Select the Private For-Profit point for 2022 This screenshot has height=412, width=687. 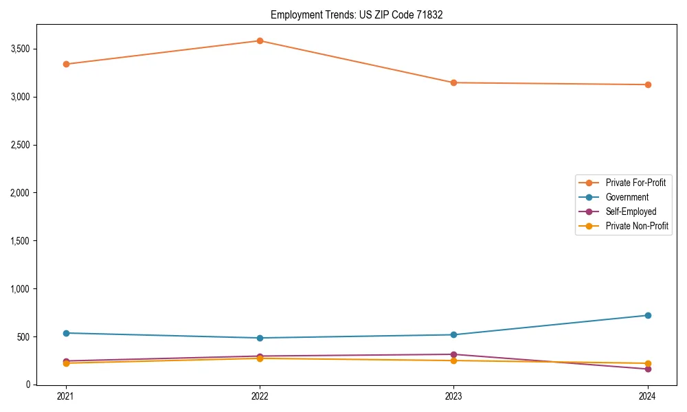260,41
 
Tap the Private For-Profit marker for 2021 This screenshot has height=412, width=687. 66,64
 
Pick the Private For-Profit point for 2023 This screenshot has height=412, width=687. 453,82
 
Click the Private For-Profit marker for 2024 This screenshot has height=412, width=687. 647,84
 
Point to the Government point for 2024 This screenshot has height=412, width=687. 647,315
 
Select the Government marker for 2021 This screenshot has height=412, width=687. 66,333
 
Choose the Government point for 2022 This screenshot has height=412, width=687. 260,338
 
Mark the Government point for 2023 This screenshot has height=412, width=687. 453,334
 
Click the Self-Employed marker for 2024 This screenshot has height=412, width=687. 647,369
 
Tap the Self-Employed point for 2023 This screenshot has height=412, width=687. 453,354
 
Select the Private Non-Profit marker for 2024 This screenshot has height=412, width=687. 647,363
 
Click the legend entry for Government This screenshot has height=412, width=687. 627,197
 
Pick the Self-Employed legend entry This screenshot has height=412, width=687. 631,211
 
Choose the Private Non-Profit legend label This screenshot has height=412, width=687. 637,226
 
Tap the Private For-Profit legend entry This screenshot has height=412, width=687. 635,183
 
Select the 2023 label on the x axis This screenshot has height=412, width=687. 453,396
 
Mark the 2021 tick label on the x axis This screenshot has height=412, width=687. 66,396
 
